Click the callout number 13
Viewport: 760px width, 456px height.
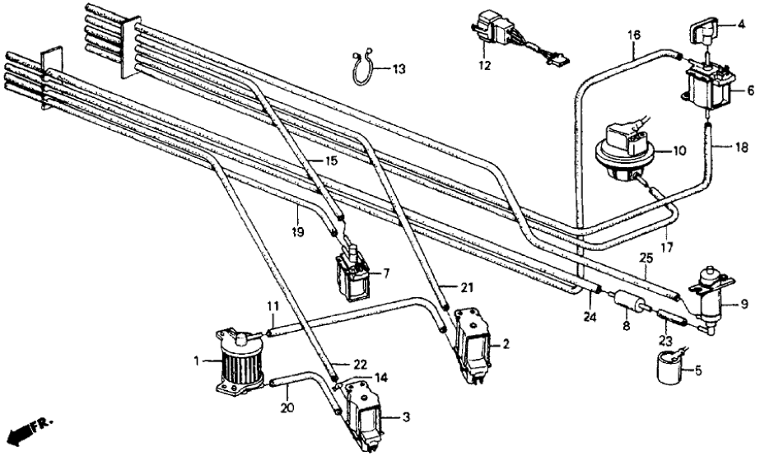pos(399,70)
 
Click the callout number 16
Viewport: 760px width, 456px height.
pos(633,35)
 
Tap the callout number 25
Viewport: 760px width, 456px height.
pos(646,259)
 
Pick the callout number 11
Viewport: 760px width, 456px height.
pos(273,307)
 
